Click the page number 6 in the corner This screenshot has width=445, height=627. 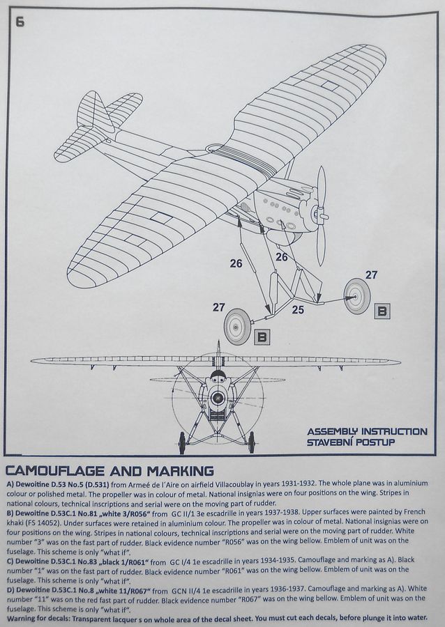[20, 22]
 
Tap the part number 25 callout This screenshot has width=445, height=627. [298, 310]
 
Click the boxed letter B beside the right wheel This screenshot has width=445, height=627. [382, 311]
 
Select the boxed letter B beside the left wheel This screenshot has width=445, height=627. [262, 337]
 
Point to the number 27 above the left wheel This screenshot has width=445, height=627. [219, 307]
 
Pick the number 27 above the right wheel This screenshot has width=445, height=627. [371, 275]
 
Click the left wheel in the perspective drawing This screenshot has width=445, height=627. [237, 326]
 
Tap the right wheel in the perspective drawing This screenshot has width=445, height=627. [357, 295]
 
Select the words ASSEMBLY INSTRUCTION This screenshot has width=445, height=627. [367, 432]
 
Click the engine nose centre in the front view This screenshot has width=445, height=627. [217, 399]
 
